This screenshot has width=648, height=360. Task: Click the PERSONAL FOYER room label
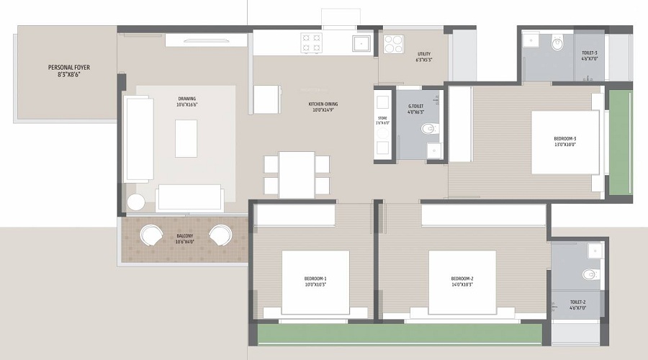point(69,71)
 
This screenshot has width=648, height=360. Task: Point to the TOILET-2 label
point(577,305)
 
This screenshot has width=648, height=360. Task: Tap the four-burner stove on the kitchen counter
point(311,42)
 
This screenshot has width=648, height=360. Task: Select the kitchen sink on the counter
point(360,43)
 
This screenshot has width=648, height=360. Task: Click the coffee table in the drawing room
point(186,138)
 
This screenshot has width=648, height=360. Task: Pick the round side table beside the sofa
point(136,202)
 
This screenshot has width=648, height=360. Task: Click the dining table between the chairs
point(296,174)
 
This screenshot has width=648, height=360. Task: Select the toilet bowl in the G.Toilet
point(429,130)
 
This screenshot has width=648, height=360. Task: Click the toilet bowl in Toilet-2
point(590,274)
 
